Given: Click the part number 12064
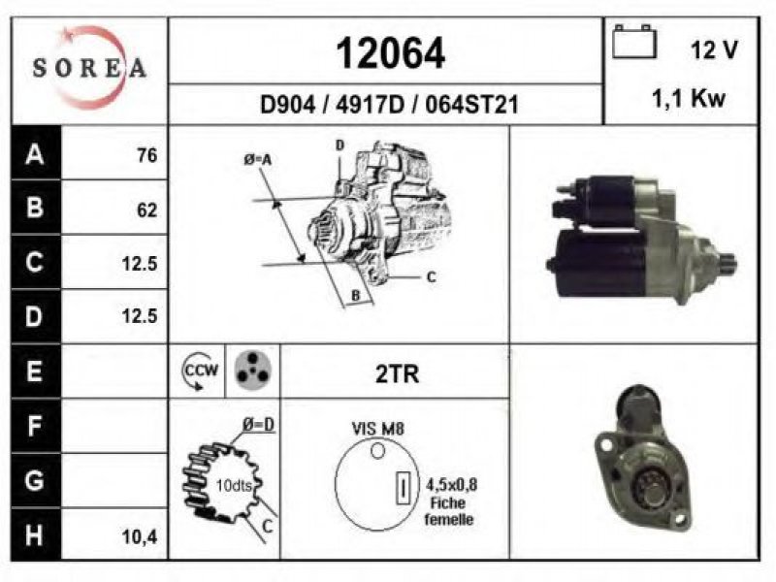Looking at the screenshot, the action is click(391, 53).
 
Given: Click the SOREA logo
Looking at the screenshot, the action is click(89, 67).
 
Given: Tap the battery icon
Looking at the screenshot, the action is click(634, 42).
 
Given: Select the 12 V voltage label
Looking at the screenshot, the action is click(714, 49).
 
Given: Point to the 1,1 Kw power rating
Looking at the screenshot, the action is click(689, 98).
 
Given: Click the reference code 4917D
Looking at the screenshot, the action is click(370, 105).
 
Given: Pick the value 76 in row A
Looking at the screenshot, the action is click(147, 155).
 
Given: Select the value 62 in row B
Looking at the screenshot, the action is click(147, 210).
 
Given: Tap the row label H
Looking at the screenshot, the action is click(34, 535).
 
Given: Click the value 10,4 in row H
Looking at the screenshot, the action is click(140, 536).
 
